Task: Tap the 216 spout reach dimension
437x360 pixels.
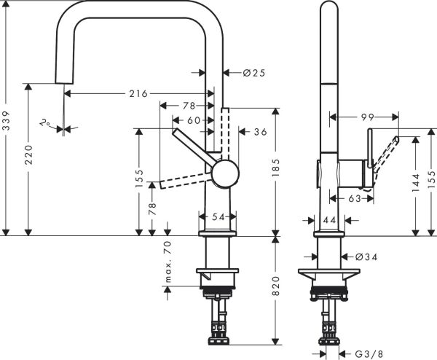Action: tap(138, 93)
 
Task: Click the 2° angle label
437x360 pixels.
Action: tap(46, 125)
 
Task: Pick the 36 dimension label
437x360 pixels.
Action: tap(260, 133)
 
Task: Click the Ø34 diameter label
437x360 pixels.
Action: tap(367, 256)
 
